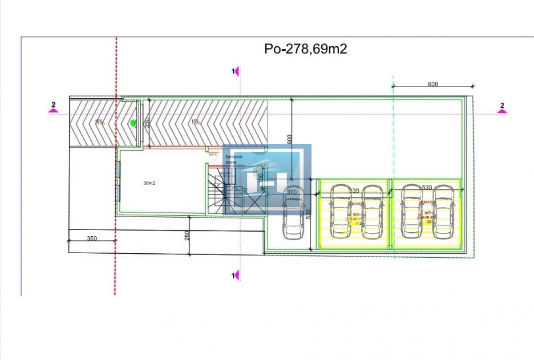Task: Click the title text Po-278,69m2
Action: [305, 49]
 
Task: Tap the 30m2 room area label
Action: [149, 183]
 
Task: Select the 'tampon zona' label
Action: [234, 159]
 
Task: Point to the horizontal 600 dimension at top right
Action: [433, 84]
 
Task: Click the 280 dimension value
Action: [187, 235]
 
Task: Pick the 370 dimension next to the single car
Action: [291, 192]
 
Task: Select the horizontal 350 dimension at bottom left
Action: [92, 239]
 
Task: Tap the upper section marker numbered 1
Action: [236, 71]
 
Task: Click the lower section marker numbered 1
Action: [236, 276]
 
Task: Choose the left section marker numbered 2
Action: [53, 107]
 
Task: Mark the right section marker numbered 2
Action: [502, 107]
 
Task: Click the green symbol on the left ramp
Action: [132, 123]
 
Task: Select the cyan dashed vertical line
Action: [393, 133]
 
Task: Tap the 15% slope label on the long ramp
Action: [195, 121]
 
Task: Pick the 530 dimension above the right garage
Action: [426, 188]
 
